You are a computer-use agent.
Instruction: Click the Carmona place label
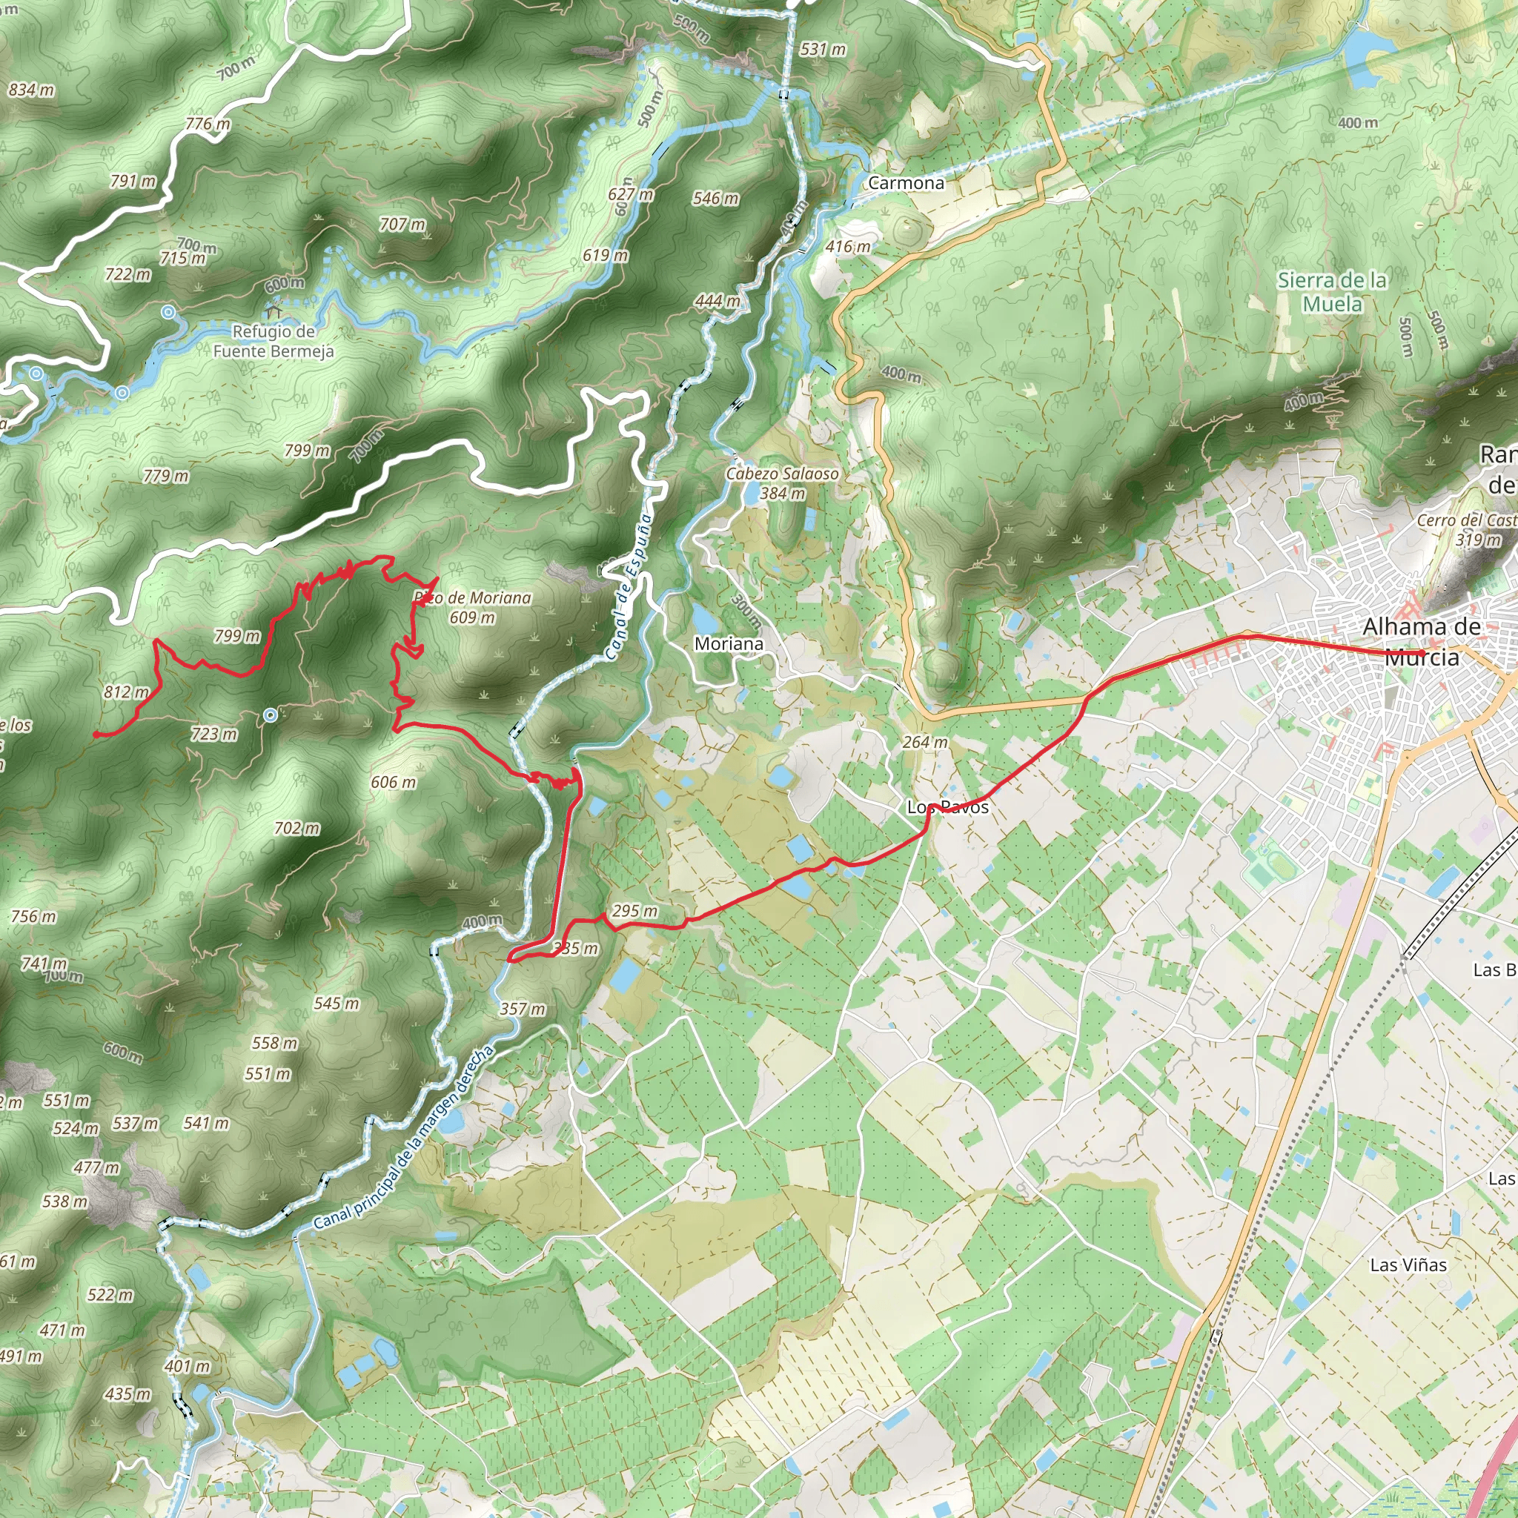pyautogui.click(x=906, y=183)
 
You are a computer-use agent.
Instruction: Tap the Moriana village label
pyautogui.click(x=729, y=644)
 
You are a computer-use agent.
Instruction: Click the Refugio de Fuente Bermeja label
pyautogui.click(x=274, y=342)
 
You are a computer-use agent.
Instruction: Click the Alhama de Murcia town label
pyautogui.click(x=1422, y=641)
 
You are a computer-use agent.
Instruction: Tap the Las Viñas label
pyautogui.click(x=1408, y=1265)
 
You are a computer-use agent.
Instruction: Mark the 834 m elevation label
pyautogui.click(x=31, y=90)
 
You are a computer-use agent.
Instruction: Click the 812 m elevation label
pyautogui.click(x=126, y=692)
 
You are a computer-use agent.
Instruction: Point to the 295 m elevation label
pyautogui.click(x=634, y=912)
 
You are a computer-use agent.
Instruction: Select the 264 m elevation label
pyautogui.click(x=925, y=743)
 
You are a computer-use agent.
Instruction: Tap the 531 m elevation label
pyautogui.click(x=823, y=50)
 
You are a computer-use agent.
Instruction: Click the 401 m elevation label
pyautogui.click(x=187, y=1366)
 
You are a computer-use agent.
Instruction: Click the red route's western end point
pyautogui.click(x=96, y=735)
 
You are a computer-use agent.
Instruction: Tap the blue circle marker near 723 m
pyautogui.click(x=271, y=715)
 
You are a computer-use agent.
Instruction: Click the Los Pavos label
pyautogui.click(x=947, y=807)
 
